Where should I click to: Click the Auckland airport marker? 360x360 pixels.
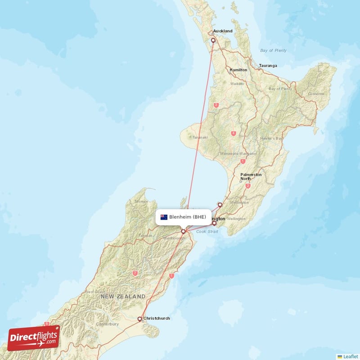coord(213,40)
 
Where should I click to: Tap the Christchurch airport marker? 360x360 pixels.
coord(140,319)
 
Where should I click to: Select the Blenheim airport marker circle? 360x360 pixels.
coord(183,231)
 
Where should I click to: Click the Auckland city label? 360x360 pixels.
coord(223,31)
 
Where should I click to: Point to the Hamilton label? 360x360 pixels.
coord(238,70)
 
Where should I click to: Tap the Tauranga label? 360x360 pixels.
coord(268,66)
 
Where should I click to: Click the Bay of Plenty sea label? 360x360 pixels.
coord(273,50)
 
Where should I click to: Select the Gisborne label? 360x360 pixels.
coord(316,94)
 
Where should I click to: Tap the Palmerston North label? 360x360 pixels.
coord(251,176)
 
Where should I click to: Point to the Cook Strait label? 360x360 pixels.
coord(207,232)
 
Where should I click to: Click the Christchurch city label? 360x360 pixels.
coord(157,319)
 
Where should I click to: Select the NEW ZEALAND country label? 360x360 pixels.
coord(123,297)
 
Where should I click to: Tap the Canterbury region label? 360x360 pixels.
coord(107,324)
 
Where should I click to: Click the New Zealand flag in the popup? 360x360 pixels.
coord(164,217)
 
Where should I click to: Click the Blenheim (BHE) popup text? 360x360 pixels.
coord(188,217)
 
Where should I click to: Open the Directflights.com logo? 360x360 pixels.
coord(34,337)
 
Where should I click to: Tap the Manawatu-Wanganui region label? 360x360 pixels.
coord(238,153)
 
